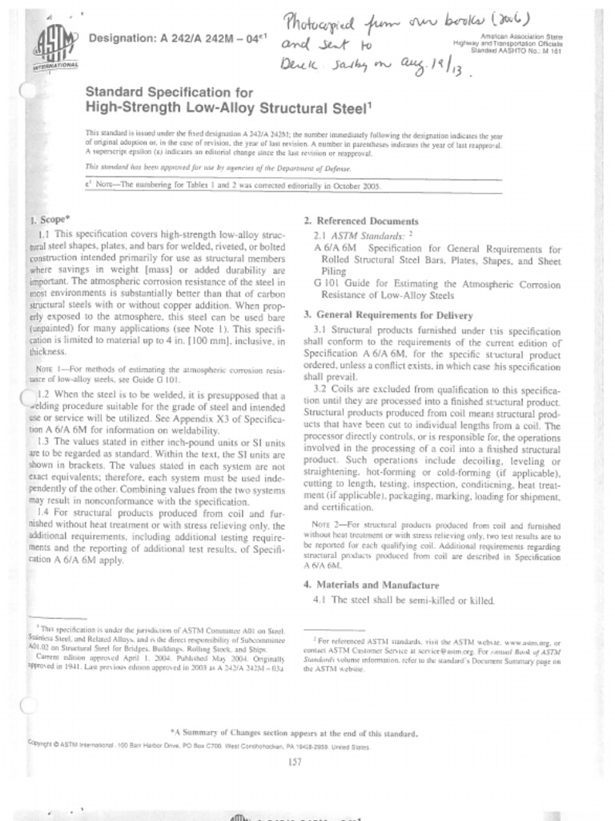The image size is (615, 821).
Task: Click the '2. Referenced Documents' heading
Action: (361, 221)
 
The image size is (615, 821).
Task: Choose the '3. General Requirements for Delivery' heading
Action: (388, 316)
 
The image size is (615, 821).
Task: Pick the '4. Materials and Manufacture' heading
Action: (371, 584)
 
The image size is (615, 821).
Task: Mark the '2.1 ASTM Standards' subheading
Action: (359, 236)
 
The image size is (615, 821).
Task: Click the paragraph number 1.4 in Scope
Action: (44, 511)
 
